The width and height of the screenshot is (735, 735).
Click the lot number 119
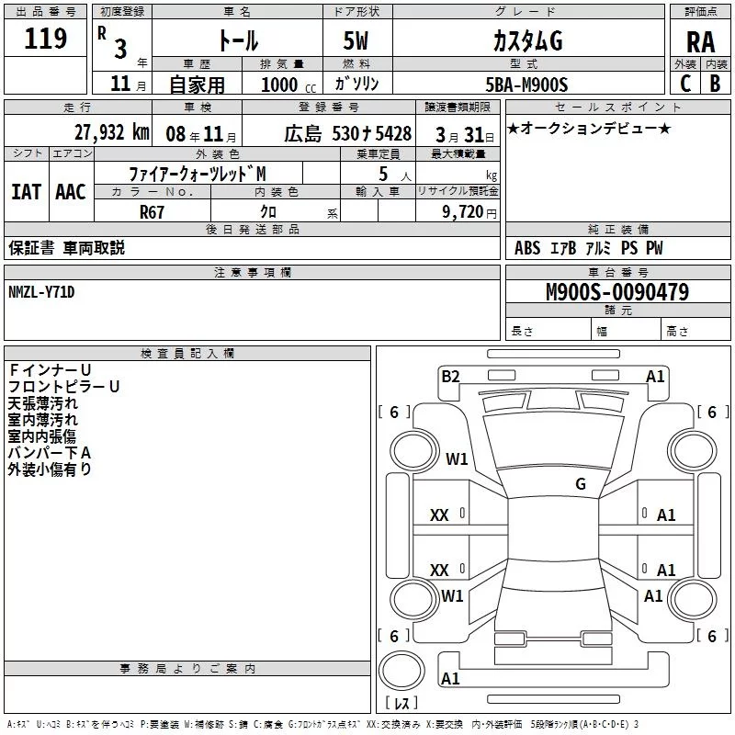pyautogui.click(x=47, y=40)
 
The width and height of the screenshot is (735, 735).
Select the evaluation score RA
pyautogui.click(x=700, y=42)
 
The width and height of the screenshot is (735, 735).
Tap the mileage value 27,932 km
pyautogui.click(x=111, y=132)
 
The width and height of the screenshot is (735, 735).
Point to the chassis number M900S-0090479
pyautogui.click(x=617, y=292)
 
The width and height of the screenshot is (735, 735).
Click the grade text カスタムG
pyautogui.click(x=527, y=41)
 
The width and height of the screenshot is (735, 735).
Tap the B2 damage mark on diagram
pyautogui.click(x=450, y=376)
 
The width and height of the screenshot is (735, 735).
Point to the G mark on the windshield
pyautogui.click(x=581, y=484)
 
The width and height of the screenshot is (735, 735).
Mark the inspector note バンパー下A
pyautogui.click(x=50, y=453)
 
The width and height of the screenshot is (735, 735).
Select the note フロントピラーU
pyautogui.click(x=64, y=387)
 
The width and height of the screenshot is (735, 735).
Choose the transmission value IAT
pyautogui.click(x=27, y=192)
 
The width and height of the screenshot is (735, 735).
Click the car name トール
pyautogui.click(x=237, y=41)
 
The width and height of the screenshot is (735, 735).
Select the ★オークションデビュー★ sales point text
pyautogui.click(x=589, y=128)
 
